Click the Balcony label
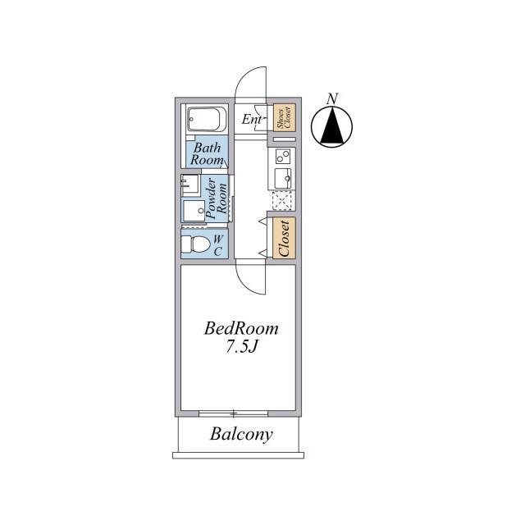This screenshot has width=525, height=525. [x=241, y=434]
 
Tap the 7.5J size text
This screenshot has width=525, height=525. [x=242, y=347]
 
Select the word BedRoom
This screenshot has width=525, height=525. [x=241, y=328]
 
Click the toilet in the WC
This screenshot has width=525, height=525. [x=195, y=244]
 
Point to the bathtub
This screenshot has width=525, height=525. [x=207, y=120]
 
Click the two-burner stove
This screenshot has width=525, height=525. [x=282, y=157]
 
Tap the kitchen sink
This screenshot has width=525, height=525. [x=282, y=178]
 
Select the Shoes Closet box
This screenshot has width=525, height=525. [x=285, y=117]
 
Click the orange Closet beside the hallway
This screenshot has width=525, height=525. [x=285, y=238]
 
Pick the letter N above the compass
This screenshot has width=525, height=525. [x=332, y=98]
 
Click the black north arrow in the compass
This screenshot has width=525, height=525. [x=331, y=125]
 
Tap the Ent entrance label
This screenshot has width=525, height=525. [x=252, y=119]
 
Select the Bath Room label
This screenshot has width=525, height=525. [x=208, y=153]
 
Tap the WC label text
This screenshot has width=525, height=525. [x=217, y=245]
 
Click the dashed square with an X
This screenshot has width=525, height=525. [x=284, y=200]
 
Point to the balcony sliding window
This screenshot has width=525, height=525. [x=233, y=413]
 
